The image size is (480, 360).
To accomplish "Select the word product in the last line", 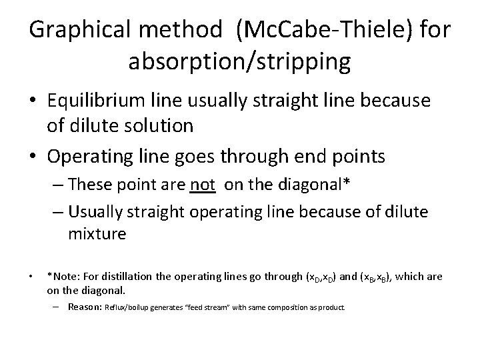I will click(x=331, y=308).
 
